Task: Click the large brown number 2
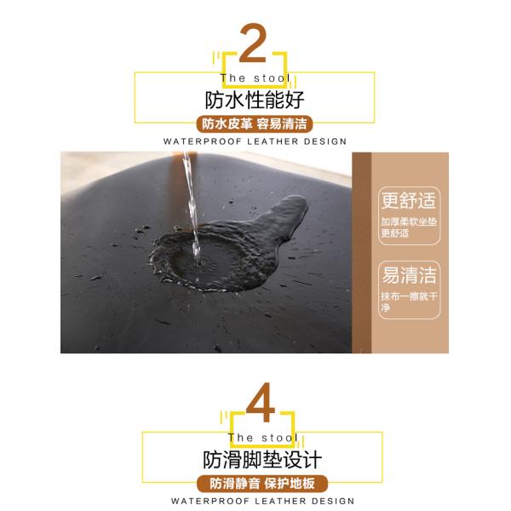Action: click(253, 43)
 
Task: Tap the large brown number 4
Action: click(261, 403)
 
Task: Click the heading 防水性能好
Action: click(255, 100)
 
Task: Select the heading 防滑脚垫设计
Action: click(262, 460)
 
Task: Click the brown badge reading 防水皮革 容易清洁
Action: click(255, 124)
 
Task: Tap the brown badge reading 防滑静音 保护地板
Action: click(262, 484)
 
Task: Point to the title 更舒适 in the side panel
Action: click(409, 200)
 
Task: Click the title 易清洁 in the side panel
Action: click(409, 275)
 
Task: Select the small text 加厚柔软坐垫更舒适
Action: click(409, 227)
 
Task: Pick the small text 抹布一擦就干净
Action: click(409, 301)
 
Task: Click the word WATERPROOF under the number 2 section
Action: click(203, 141)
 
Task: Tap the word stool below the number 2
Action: click(272, 78)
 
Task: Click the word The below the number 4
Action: click(240, 438)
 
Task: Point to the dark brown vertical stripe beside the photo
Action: click(361, 253)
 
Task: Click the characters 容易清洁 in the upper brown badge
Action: click(282, 124)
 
